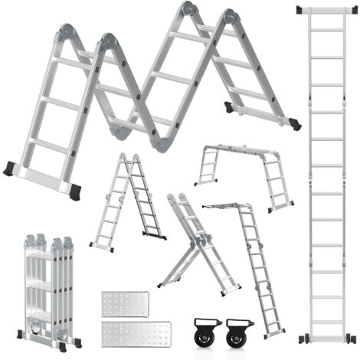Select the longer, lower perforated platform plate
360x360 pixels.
pyautogui.click(x=136, y=333)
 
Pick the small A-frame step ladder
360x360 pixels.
pyautogui.click(x=126, y=201)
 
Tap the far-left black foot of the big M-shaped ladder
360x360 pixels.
pyautogui.click(x=9, y=169)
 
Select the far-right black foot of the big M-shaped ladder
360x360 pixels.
pyautogui.click(x=294, y=124)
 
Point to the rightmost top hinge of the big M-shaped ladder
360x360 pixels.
pyautogui.click(x=230, y=17)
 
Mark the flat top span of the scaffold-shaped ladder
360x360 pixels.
pyautogui.click(x=241, y=150)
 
